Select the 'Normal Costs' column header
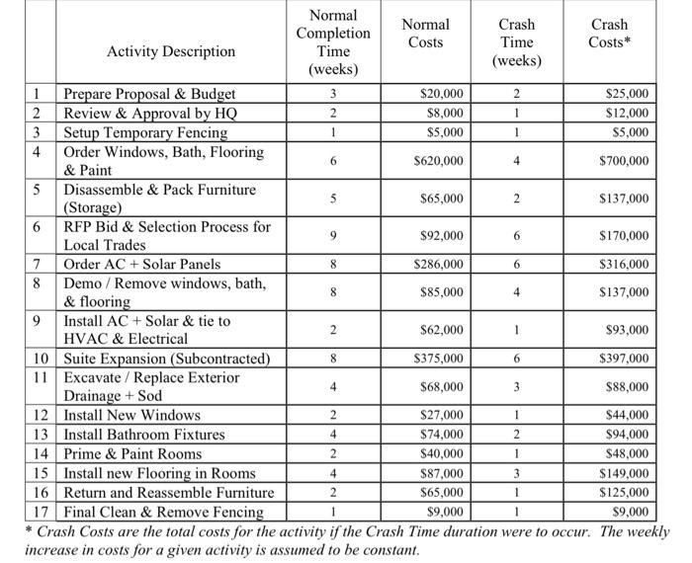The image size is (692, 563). (x=425, y=33)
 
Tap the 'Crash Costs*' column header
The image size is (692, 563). (x=610, y=33)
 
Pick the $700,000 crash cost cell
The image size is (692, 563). (x=624, y=161)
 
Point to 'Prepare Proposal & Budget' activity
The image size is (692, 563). (x=149, y=95)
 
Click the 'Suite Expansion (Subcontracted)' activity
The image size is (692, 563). (x=166, y=359)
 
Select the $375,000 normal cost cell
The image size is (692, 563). (x=441, y=359)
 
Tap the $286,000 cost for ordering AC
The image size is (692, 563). (x=441, y=265)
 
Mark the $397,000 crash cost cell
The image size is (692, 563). (x=624, y=359)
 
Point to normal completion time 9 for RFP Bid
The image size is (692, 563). (x=332, y=236)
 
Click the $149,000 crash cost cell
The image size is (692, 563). (x=624, y=473)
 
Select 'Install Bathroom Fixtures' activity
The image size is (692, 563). (x=144, y=435)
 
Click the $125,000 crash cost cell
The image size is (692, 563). (x=624, y=492)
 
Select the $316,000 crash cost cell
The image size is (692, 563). (x=624, y=265)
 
